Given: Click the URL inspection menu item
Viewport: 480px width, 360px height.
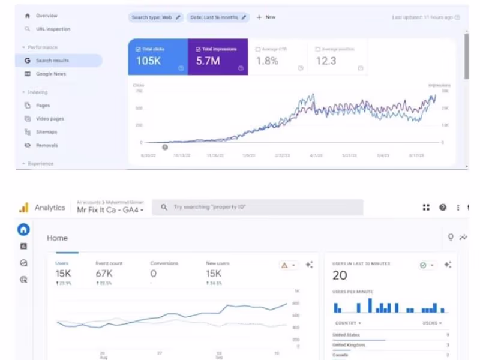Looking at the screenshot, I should tap(53, 29).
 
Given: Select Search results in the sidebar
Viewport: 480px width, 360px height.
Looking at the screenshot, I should tap(52, 61).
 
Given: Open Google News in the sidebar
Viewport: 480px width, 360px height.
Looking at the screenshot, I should tap(50, 74).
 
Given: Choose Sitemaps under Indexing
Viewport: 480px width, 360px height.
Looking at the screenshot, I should tap(46, 132).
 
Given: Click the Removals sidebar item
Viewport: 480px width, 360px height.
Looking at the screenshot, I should tap(47, 145).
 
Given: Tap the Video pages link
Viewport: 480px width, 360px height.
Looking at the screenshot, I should tap(50, 119).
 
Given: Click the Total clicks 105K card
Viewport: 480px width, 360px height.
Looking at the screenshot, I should tap(158, 58).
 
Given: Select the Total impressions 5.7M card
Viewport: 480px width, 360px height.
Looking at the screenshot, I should tap(218, 58).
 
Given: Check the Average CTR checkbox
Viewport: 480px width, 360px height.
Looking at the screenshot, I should tap(258, 49).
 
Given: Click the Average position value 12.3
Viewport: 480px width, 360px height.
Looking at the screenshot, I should tap(326, 61).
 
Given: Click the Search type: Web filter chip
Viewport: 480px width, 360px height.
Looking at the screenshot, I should tap(156, 17).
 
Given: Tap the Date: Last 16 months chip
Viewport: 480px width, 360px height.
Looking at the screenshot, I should tap(218, 17).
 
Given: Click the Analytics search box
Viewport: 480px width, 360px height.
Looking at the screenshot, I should tap(258, 207).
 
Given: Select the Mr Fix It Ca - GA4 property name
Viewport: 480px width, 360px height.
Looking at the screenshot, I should tap(110, 210).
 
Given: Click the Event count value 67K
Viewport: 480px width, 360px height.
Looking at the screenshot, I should tap(104, 274).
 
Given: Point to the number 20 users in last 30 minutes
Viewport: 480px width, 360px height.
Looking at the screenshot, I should tap(340, 275).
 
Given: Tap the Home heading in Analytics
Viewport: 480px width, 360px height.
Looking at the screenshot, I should tap(58, 238).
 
